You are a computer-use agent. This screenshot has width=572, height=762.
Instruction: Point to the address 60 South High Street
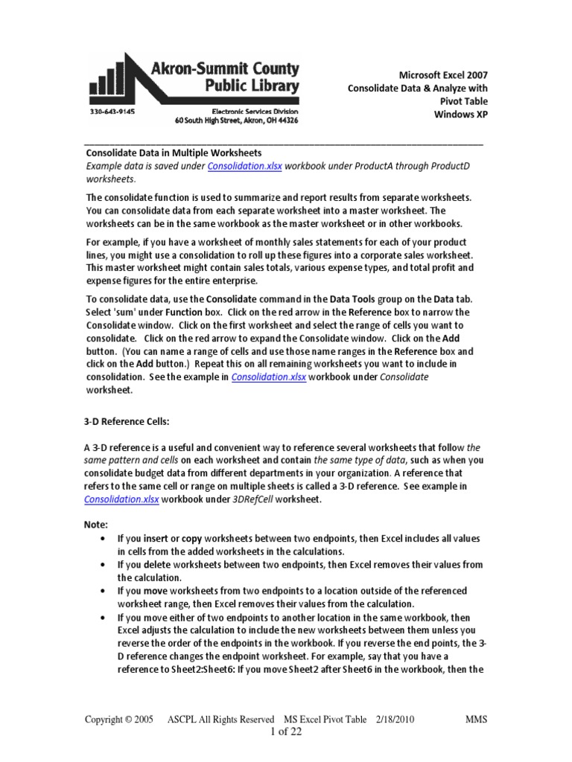click(x=237, y=120)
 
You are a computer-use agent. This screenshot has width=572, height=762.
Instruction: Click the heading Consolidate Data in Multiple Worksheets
click(x=174, y=153)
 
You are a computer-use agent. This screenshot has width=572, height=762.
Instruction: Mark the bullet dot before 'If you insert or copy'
click(x=101, y=538)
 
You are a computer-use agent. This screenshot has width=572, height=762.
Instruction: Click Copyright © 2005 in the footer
click(x=119, y=720)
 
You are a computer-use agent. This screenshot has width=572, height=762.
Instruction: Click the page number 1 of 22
click(x=285, y=732)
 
